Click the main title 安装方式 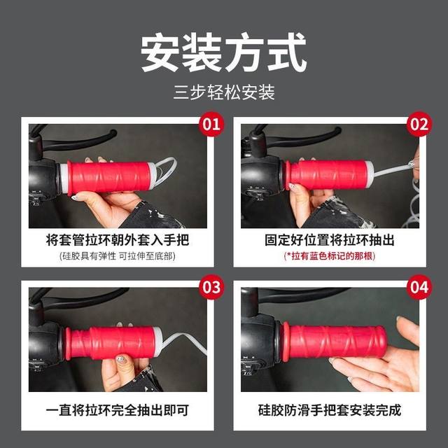click(224, 52)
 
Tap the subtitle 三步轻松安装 click(224, 92)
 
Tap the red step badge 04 click(419, 287)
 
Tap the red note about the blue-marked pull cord click(330, 257)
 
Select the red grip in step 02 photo click(329, 175)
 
